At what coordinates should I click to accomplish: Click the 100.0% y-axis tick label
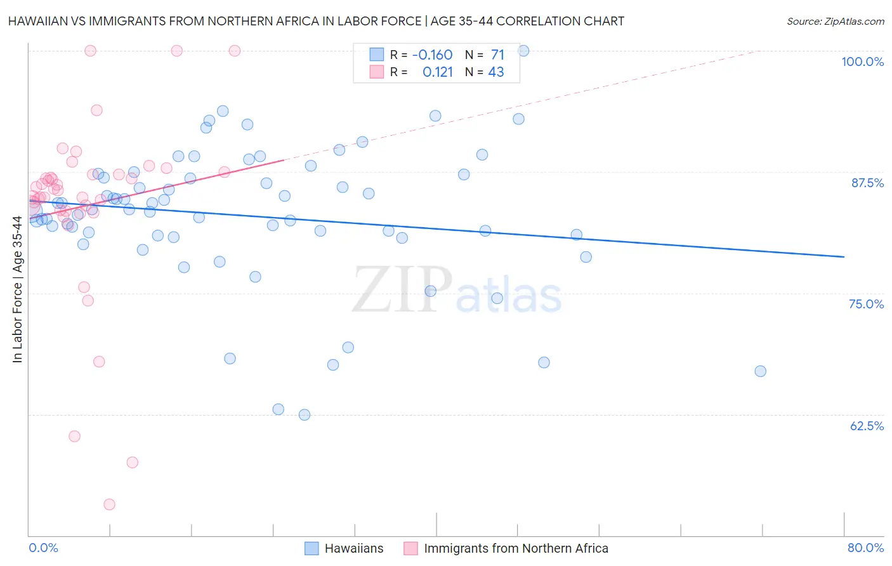click(x=862, y=62)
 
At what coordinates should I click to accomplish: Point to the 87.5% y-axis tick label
click(x=867, y=183)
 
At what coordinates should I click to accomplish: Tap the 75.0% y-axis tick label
click(x=866, y=304)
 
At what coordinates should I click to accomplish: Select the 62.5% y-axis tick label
click(x=867, y=426)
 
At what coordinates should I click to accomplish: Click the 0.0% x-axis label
click(x=43, y=548)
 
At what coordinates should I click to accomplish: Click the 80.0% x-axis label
click(x=865, y=548)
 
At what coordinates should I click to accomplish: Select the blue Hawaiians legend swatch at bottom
click(x=312, y=548)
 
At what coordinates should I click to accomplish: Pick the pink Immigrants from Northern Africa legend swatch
click(x=410, y=548)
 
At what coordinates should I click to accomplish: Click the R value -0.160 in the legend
click(x=432, y=55)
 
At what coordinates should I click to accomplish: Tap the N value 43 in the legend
click(x=495, y=72)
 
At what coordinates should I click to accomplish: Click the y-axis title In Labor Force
click(x=17, y=289)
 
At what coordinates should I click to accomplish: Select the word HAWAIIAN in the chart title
click(x=36, y=21)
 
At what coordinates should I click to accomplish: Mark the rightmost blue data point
click(x=760, y=371)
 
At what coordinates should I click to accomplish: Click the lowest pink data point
click(x=109, y=504)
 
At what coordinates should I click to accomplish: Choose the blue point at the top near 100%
click(x=523, y=51)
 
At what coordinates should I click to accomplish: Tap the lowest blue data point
click(x=305, y=415)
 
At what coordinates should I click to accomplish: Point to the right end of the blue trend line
click(x=844, y=256)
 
